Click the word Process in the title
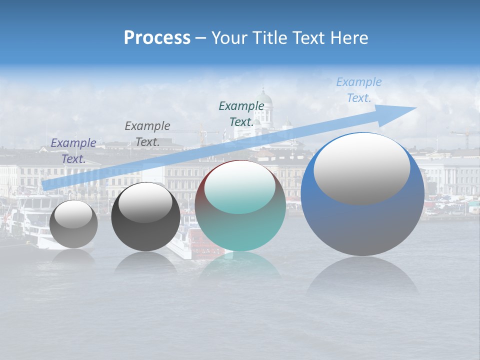coord(157,38)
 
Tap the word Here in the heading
coord(349,38)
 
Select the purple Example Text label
coord(73,150)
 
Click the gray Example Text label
coord(147,133)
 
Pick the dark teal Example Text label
coord(241,113)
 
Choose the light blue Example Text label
coord(358,90)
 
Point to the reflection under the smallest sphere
coord(73,256)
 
